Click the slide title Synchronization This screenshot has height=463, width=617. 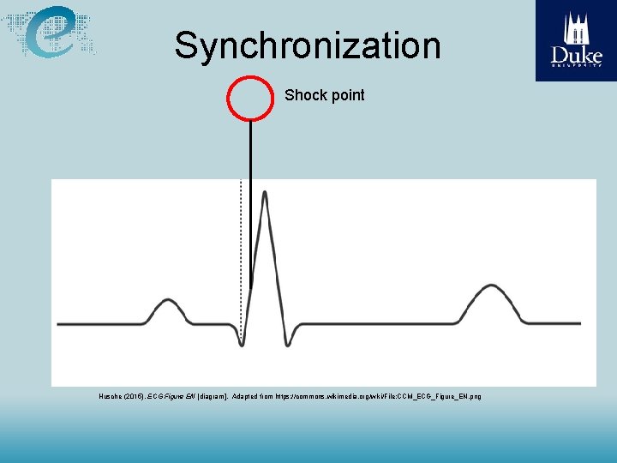tap(308, 45)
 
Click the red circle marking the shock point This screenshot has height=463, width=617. tap(249, 97)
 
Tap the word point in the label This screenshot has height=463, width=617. tap(346, 95)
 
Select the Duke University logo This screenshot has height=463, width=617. tap(576, 40)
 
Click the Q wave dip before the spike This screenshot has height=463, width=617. tap(243, 343)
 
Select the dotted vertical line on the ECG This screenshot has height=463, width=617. tap(241, 257)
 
